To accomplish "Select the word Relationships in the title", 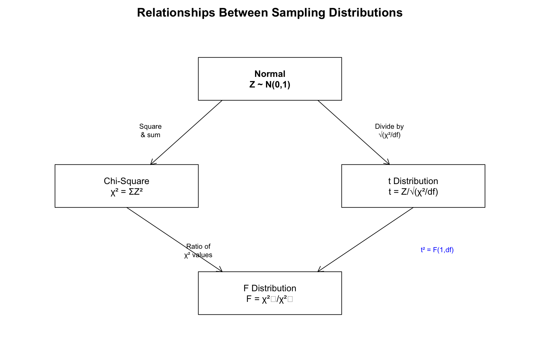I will pyautogui.click(x=176, y=13).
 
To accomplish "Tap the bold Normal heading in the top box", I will pyautogui.click(x=270, y=74).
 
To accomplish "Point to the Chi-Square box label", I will pyautogui.click(x=127, y=181).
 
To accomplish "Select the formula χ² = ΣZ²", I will pyautogui.click(x=127, y=192).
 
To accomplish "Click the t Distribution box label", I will pyautogui.click(x=413, y=181).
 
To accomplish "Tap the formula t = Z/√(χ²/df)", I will pyautogui.click(x=413, y=192).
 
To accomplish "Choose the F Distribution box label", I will pyautogui.click(x=270, y=288).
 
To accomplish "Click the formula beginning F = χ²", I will pyautogui.click(x=270, y=299).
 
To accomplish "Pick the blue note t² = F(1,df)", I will pyautogui.click(x=437, y=250).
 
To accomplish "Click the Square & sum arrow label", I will pyautogui.click(x=150, y=131).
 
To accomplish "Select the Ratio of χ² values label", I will pyautogui.click(x=198, y=251).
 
